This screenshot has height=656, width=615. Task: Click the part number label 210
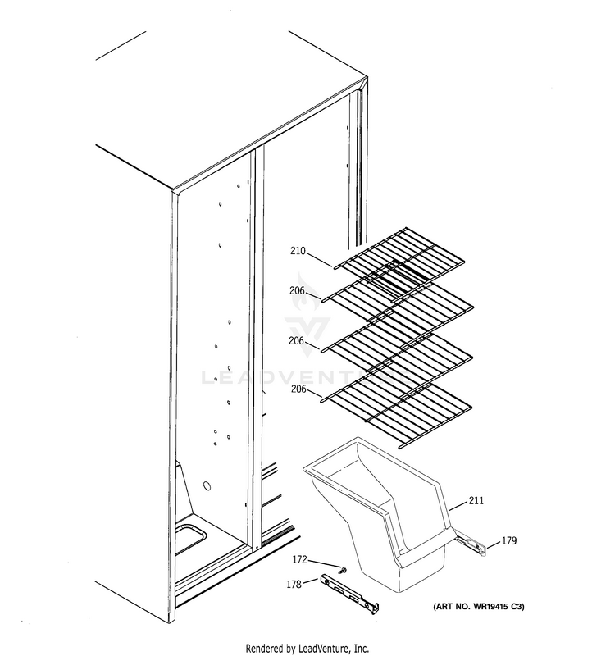coord(297,252)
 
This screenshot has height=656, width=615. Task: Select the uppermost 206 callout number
coord(297,291)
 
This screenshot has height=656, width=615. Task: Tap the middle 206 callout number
coord(297,340)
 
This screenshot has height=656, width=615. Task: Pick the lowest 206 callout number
coord(297,389)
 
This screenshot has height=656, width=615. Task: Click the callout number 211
coord(477,501)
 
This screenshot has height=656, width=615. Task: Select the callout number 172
coord(300,560)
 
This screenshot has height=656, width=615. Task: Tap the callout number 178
coord(292,584)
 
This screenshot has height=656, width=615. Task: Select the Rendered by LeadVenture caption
coord(307,647)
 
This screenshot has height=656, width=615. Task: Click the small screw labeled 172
coord(344,569)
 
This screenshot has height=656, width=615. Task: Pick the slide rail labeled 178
coord(352,592)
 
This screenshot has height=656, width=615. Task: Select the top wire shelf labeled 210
coord(402,261)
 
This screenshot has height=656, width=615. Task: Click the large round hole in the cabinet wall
coord(208,486)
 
